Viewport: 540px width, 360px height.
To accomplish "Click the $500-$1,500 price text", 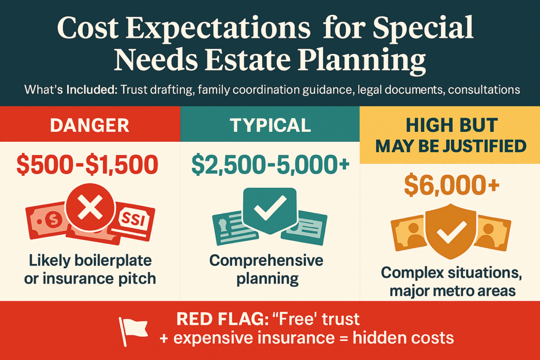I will (x=90, y=164).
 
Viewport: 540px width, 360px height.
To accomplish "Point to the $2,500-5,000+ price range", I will (x=270, y=164).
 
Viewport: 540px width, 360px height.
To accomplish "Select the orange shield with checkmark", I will (x=449, y=228).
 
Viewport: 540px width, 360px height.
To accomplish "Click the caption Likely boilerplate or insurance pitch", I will (x=90, y=269).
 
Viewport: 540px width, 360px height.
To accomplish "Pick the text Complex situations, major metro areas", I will (x=450, y=281).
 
